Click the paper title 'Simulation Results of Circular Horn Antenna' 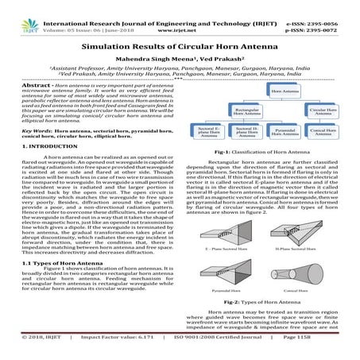[180, 49]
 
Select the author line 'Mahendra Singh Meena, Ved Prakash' [180, 63]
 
